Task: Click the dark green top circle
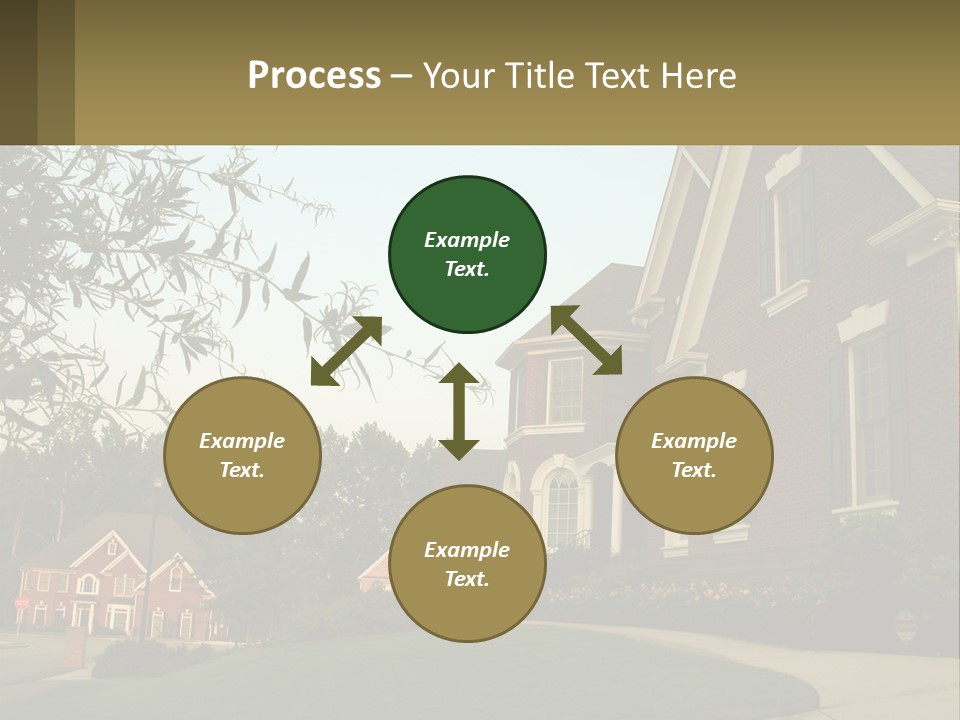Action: pyautogui.click(x=467, y=255)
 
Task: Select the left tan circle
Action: pyautogui.click(x=242, y=456)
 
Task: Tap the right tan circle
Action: pyautogui.click(x=694, y=456)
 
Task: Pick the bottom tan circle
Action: pyautogui.click(x=467, y=564)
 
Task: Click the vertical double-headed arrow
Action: pyautogui.click(x=459, y=411)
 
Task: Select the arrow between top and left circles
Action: pyautogui.click(x=346, y=351)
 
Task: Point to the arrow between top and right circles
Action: pyautogui.click(x=586, y=340)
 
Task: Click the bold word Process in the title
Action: pyautogui.click(x=314, y=76)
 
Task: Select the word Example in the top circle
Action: pyautogui.click(x=467, y=240)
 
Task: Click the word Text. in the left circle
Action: pyautogui.click(x=242, y=470)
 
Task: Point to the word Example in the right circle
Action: pyautogui.click(x=694, y=441)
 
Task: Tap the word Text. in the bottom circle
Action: pyautogui.click(x=467, y=579)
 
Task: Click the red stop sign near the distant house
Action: pyautogui.click(x=22, y=603)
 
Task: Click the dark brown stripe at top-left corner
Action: pyautogui.click(x=18, y=72)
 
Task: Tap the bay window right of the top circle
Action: pyautogui.click(x=565, y=390)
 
